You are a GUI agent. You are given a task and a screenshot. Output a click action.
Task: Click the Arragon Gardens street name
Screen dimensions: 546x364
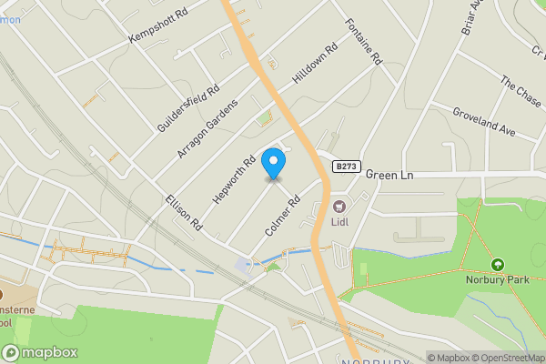tap(207, 128)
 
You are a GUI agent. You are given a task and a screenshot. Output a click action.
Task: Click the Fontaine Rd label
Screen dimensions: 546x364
tap(363, 40)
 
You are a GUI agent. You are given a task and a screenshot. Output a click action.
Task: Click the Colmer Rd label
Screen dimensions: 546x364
tap(281, 215)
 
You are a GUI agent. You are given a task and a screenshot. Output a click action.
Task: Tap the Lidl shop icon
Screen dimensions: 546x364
tap(339, 206)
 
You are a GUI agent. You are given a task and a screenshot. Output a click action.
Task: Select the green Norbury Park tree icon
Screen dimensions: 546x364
tap(497, 265)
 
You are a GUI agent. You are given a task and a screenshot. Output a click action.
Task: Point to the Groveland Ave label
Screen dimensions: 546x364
tap(484, 120)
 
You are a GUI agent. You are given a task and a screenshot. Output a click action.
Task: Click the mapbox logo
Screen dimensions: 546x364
tap(40, 352)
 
